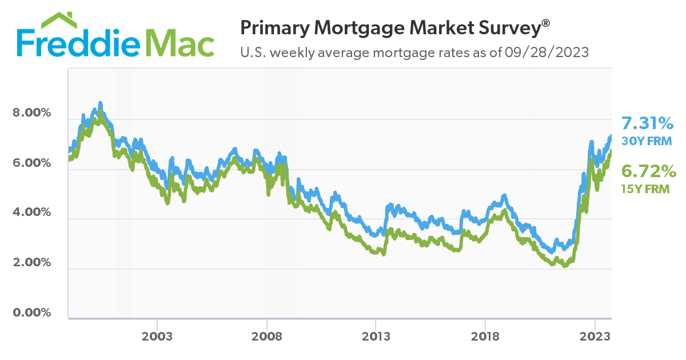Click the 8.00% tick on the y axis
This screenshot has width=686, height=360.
click(x=32, y=113)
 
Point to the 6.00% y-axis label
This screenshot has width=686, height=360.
click(x=32, y=163)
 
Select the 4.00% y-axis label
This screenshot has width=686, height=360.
click(x=32, y=213)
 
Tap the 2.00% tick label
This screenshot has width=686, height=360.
click(x=32, y=263)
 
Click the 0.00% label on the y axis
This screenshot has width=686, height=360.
click(x=32, y=313)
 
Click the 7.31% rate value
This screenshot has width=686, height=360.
click(x=648, y=123)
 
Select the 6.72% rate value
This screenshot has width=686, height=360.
click(x=649, y=171)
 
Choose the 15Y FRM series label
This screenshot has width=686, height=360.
click(x=646, y=189)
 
